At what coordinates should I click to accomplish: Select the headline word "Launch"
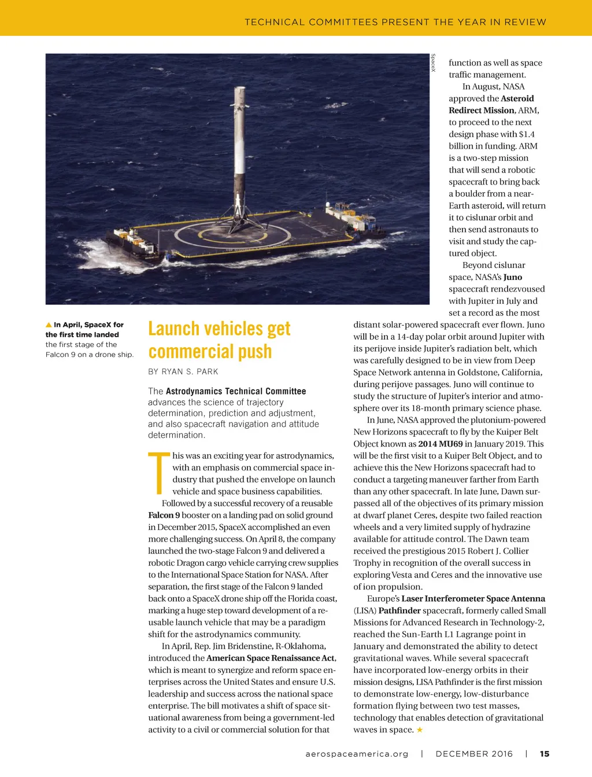point(174,329)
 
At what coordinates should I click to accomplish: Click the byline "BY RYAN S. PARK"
point(183,371)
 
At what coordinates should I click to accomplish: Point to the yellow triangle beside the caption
point(49,325)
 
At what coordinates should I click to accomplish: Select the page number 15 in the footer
point(545,754)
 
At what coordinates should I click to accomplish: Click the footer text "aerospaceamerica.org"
point(357,754)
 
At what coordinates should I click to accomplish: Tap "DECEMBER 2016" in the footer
point(474,754)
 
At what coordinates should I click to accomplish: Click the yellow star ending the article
point(420,730)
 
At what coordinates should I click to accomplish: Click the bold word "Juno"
point(513,277)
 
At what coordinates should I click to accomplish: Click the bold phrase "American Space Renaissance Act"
point(271,658)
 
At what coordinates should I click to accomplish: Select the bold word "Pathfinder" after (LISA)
point(399,610)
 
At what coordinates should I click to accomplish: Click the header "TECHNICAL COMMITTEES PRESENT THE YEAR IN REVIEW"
point(395,22)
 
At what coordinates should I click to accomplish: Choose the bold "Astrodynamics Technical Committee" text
point(236,391)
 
